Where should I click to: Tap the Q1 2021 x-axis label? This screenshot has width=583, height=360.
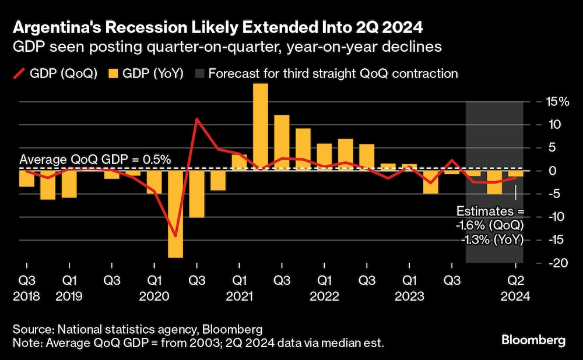[239, 288]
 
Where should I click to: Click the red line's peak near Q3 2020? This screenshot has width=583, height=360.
[197, 119]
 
